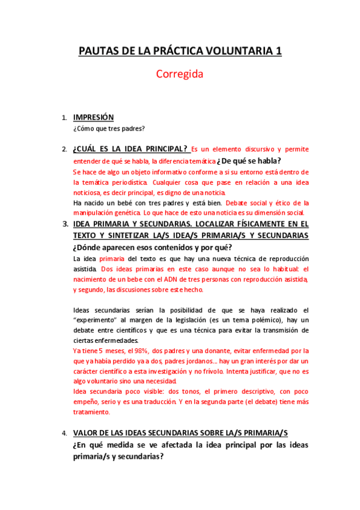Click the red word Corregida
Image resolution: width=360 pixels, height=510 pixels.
(180, 75)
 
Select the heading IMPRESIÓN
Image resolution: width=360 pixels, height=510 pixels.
(93, 117)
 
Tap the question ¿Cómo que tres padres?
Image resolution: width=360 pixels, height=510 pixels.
(109, 128)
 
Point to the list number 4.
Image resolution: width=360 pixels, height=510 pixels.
(64, 433)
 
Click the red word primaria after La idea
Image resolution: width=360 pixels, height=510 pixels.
(111, 259)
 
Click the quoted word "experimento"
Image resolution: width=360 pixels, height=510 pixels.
(94, 320)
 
